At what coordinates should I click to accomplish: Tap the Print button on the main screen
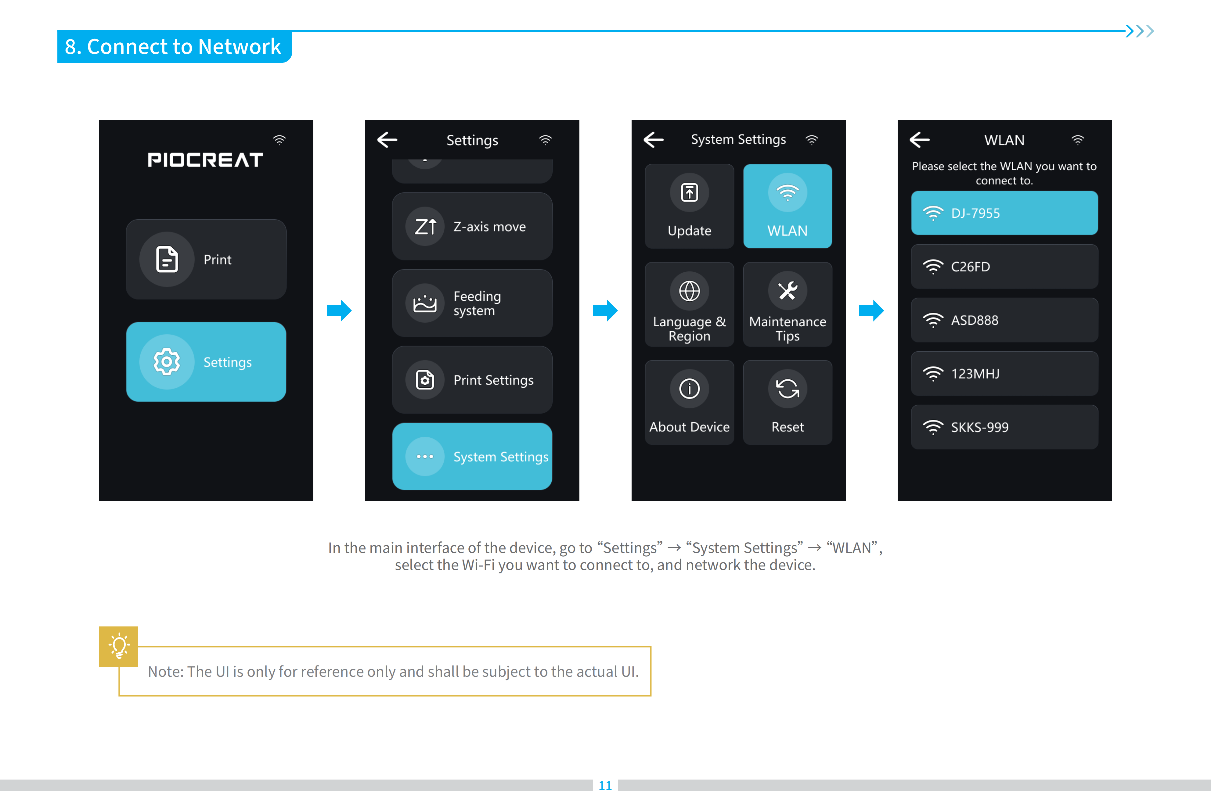(x=206, y=259)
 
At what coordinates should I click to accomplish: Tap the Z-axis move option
(x=472, y=226)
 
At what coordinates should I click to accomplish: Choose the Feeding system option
(x=472, y=303)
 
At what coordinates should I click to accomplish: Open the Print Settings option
(x=472, y=380)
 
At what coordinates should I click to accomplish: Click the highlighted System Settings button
(x=472, y=457)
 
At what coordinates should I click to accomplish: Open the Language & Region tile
(x=690, y=304)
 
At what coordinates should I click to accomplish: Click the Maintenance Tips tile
(x=788, y=304)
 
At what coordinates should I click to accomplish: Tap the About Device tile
(x=690, y=403)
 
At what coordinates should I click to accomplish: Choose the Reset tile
(x=788, y=403)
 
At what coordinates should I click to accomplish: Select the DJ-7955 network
(x=1004, y=213)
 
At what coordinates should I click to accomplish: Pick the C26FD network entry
(x=1004, y=267)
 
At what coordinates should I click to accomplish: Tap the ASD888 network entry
(x=1004, y=320)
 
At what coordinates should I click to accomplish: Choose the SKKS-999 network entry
(x=1004, y=427)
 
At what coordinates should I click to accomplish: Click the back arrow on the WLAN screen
(x=920, y=139)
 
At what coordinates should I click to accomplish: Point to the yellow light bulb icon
(x=119, y=646)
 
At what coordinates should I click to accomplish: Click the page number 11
(x=605, y=785)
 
